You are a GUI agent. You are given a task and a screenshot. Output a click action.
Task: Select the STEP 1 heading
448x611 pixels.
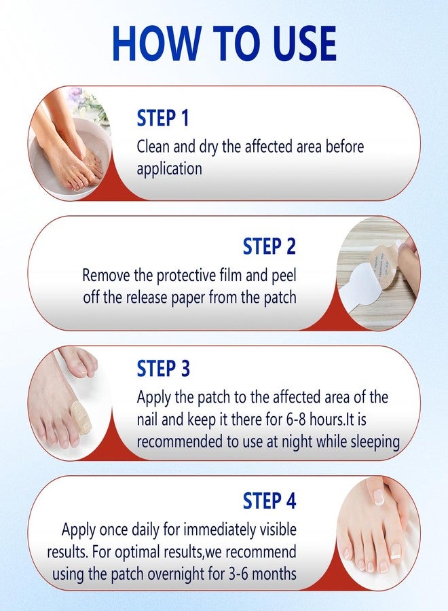pos(163,117)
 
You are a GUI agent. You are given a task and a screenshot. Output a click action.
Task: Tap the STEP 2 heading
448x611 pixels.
pos(269,246)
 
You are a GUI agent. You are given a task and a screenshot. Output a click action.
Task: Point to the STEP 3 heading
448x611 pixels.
pos(163,368)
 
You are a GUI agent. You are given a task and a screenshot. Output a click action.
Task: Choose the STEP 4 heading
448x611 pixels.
pos(269,501)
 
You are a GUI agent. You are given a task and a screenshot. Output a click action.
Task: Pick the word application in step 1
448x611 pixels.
pos(169,169)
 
